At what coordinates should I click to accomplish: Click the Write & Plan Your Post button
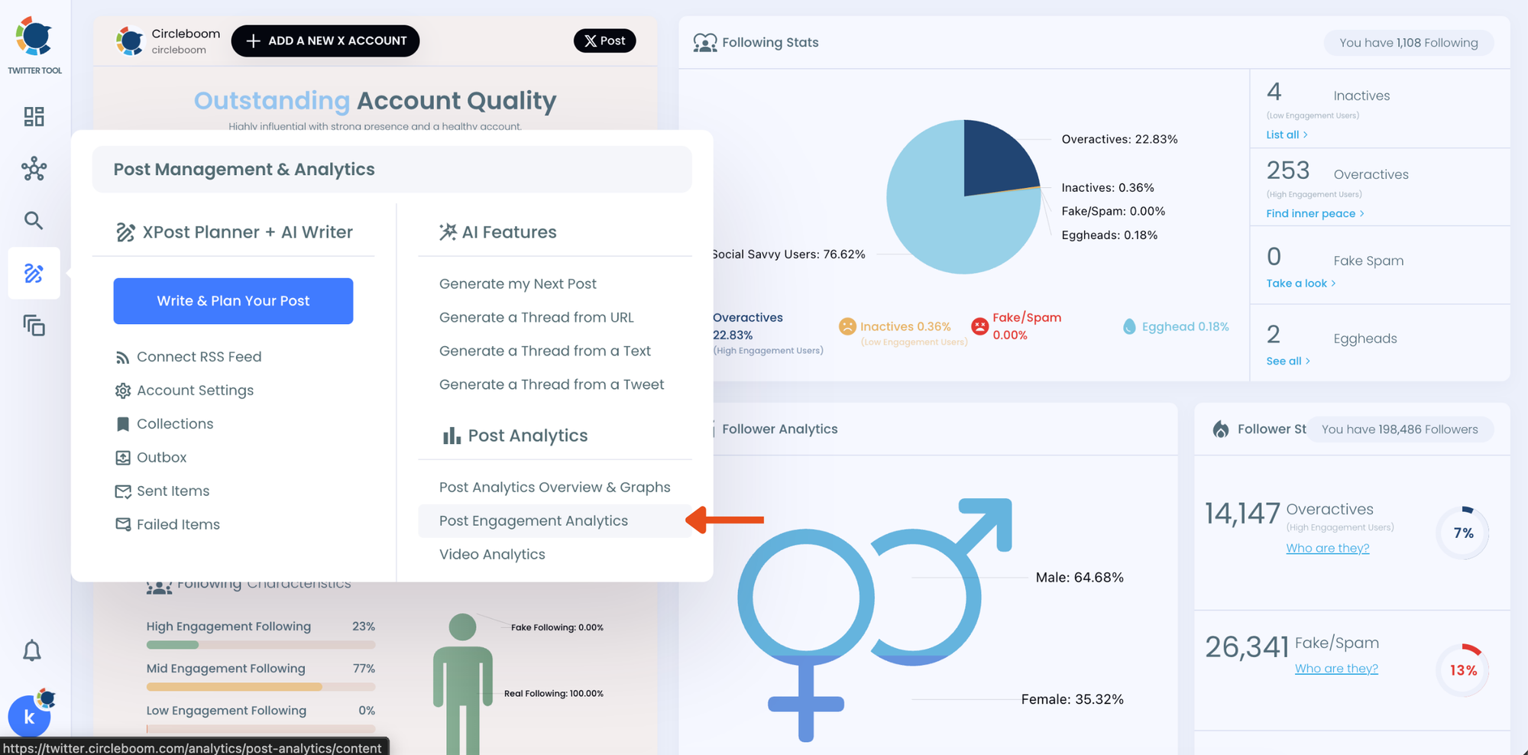pyautogui.click(x=233, y=301)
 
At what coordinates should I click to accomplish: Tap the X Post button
pyautogui.click(x=604, y=41)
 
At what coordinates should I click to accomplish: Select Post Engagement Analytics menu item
pyautogui.click(x=533, y=521)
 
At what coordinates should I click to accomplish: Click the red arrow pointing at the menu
pyautogui.click(x=726, y=520)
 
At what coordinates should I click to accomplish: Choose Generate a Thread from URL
pyautogui.click(x=536, y=317)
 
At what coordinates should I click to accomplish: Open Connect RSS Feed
pyautogui.click(x=199, y=357)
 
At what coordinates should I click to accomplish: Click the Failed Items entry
pyautogui.click(x=178, y=524)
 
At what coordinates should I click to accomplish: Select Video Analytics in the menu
pyautogui.click(x=492, y=555)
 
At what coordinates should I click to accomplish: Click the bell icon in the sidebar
pyautogui.click(x=32, y=650)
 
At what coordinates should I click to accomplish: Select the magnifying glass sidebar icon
pyautogui.click(x=34, y=221)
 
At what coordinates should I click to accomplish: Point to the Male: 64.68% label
pyautogui.click(x=1079, y=578)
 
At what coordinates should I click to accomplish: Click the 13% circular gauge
pyautogui.click(x=1462, y=670)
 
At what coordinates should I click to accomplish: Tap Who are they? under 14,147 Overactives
pyautogui.click(x=1327, y=548)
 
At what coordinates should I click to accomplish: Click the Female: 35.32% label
pyautogui.click(x=1072, y=699)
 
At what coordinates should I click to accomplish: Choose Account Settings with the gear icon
pyautogui.click(x=195, y=390)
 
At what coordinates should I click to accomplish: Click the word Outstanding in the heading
pyautogui.click(x=271, y=101)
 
